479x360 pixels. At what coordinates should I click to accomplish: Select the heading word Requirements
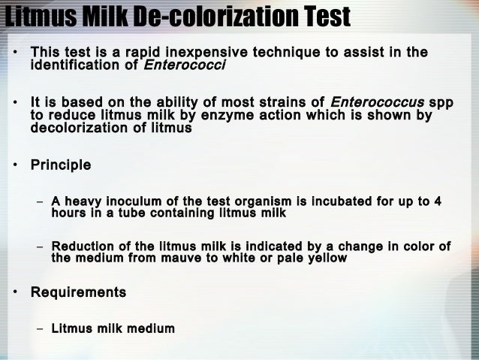(x=78, y=291)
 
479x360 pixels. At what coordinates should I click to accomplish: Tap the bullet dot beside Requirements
(x=14, y=292)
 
